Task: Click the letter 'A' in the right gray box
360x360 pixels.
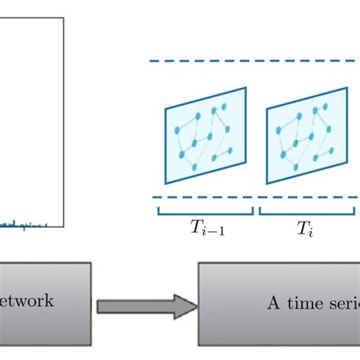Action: tap(272, 302)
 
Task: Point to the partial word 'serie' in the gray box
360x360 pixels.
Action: tap(342, 302)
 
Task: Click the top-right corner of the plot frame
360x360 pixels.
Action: tap(63, 18)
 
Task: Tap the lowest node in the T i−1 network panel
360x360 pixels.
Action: tap(182, 156)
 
